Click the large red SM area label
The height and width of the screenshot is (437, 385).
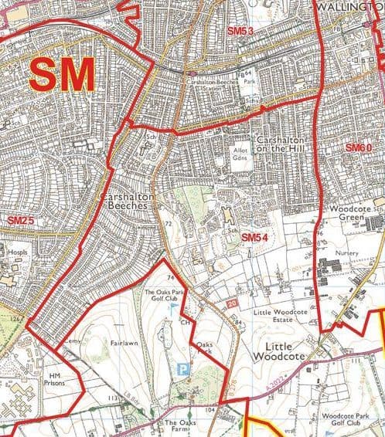[63, 76]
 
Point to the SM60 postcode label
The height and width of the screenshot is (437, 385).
[358, 147]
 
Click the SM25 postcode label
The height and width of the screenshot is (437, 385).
[22, 221]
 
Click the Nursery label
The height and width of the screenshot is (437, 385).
[347, 252]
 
